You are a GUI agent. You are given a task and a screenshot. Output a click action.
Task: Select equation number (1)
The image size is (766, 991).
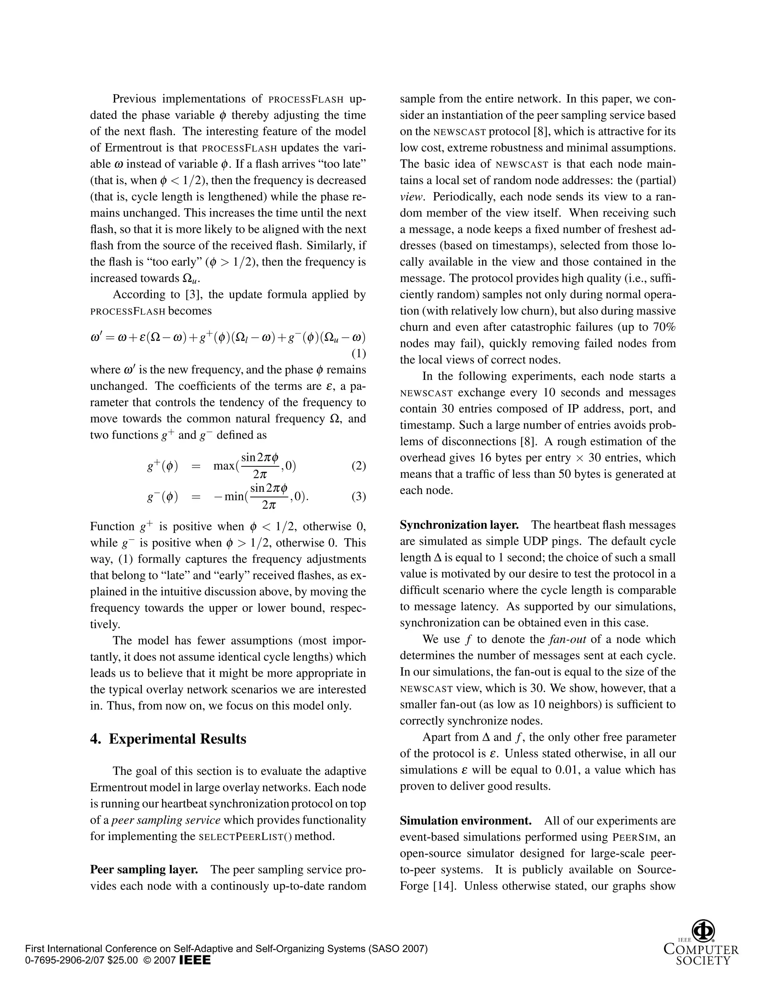coord(358,353)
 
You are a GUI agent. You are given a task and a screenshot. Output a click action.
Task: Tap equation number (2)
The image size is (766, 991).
coord(358,466)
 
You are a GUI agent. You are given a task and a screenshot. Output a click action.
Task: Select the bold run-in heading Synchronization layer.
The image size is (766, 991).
coord(459,525)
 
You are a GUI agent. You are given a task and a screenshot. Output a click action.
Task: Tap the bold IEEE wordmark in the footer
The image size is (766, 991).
coord(195,961)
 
